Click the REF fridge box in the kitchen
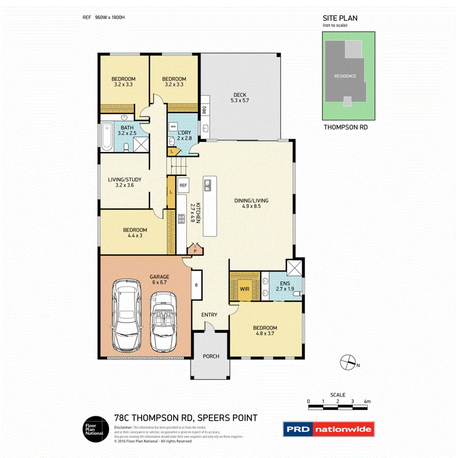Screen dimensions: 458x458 (183, 185)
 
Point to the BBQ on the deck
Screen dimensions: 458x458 (204, 110)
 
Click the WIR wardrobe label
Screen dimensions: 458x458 (244, 289)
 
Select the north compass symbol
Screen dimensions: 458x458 (347, 363)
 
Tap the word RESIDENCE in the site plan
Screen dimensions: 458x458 (345, 76)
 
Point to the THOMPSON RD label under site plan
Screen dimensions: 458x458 (345, 127)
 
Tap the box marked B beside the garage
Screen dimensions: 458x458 (196, 285)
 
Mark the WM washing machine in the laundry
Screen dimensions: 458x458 (173, 126)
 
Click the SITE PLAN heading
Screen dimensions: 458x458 (340, 18)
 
